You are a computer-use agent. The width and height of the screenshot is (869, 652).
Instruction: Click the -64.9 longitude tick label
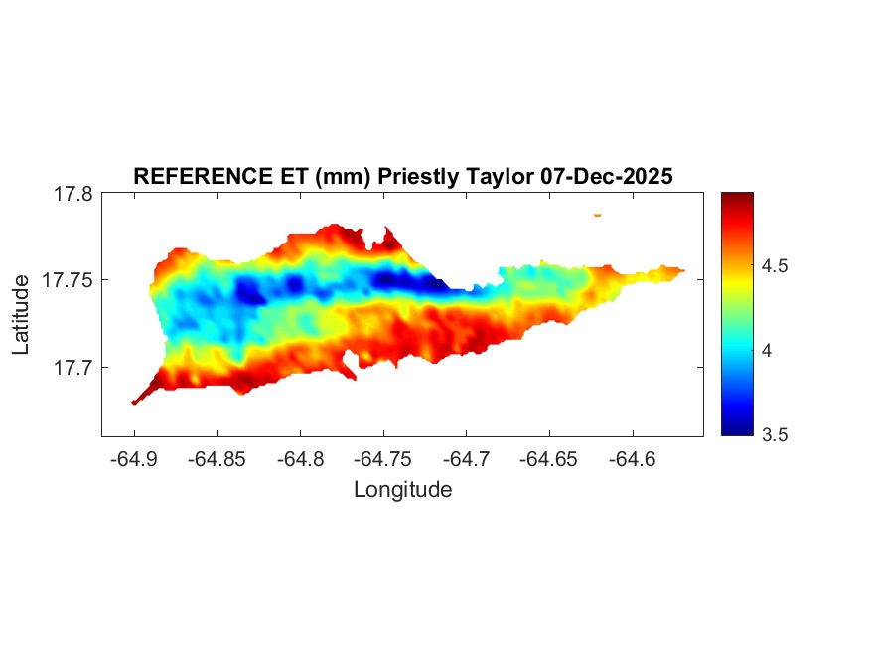pyautogui.click(x=134, y=459)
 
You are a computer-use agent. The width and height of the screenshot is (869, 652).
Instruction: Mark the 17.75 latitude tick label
pyautogui.click(x=68, y=281)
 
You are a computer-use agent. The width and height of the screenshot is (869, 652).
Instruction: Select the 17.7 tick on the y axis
pyautogui.click(x=72, y=368)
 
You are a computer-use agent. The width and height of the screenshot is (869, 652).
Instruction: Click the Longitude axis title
pyautogui.click(x=402, y=489)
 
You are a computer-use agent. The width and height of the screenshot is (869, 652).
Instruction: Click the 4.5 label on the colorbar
pyautogui.click(x=774, y=266)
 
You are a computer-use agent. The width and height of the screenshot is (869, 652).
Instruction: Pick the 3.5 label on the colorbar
pyautogui.click(x=774, y=434)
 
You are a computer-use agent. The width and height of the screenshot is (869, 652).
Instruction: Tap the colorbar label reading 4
pyautogui.click(x=766, y=351)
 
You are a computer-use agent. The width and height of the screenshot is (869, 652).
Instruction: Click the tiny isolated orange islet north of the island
pyautogui.click(x=597, y=214)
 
